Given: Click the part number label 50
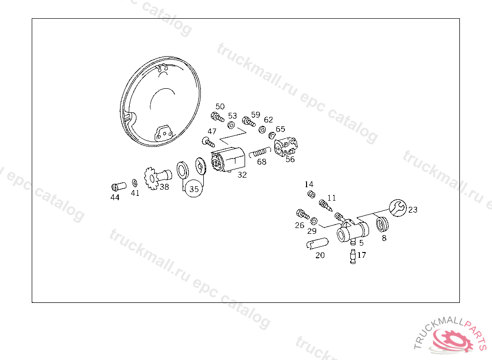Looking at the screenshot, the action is (220, 107).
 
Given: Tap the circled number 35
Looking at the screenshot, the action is (194, 189).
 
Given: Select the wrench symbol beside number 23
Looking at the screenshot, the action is (398, 208).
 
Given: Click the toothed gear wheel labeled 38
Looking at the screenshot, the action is (151, 179).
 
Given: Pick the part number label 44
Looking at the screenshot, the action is (115, 197).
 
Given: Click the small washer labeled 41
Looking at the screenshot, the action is (135, 183).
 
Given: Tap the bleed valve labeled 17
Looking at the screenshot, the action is (353, 256).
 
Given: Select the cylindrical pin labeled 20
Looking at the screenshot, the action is (317, 243).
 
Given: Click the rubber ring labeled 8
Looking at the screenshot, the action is (382, 224).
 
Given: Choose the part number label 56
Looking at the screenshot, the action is (290, 159).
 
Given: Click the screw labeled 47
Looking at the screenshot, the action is (209, 142).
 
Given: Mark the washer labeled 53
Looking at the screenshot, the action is (231, 125).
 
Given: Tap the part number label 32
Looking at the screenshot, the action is (242, 175).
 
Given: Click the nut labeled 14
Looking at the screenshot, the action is (311, 194).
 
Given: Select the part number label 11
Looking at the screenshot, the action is (332, 198).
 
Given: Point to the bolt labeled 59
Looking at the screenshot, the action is (248, 121).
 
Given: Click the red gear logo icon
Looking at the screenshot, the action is (452, 340).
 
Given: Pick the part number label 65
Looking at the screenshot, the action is (280, 129).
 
